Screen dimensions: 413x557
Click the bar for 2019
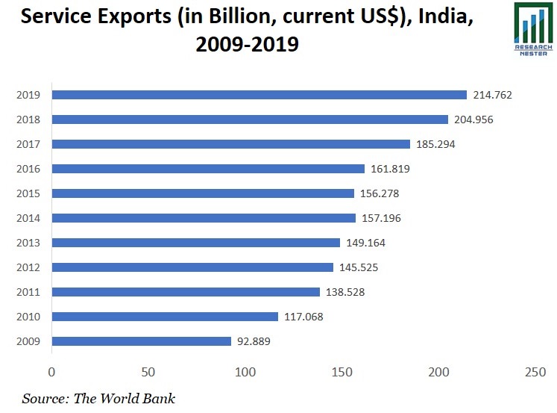point(259,95)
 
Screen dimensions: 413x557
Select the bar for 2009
point(141,341)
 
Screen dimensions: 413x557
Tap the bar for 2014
point(204,218)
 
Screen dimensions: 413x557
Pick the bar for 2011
point(186,292)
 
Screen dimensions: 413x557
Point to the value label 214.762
point(492,95)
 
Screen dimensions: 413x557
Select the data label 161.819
point(390,169)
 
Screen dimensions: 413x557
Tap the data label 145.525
point(359,267)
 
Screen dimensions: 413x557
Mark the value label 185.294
point(435,144)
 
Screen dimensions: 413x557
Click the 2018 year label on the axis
point(28,119)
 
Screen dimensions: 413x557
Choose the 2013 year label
point(28,243)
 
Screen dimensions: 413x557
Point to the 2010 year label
point(28,317)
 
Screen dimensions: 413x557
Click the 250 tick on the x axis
point(535,372)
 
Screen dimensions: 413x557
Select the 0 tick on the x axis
point(51,372)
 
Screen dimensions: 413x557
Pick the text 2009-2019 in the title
point(247,45)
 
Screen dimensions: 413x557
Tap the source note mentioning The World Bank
point(98,398)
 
